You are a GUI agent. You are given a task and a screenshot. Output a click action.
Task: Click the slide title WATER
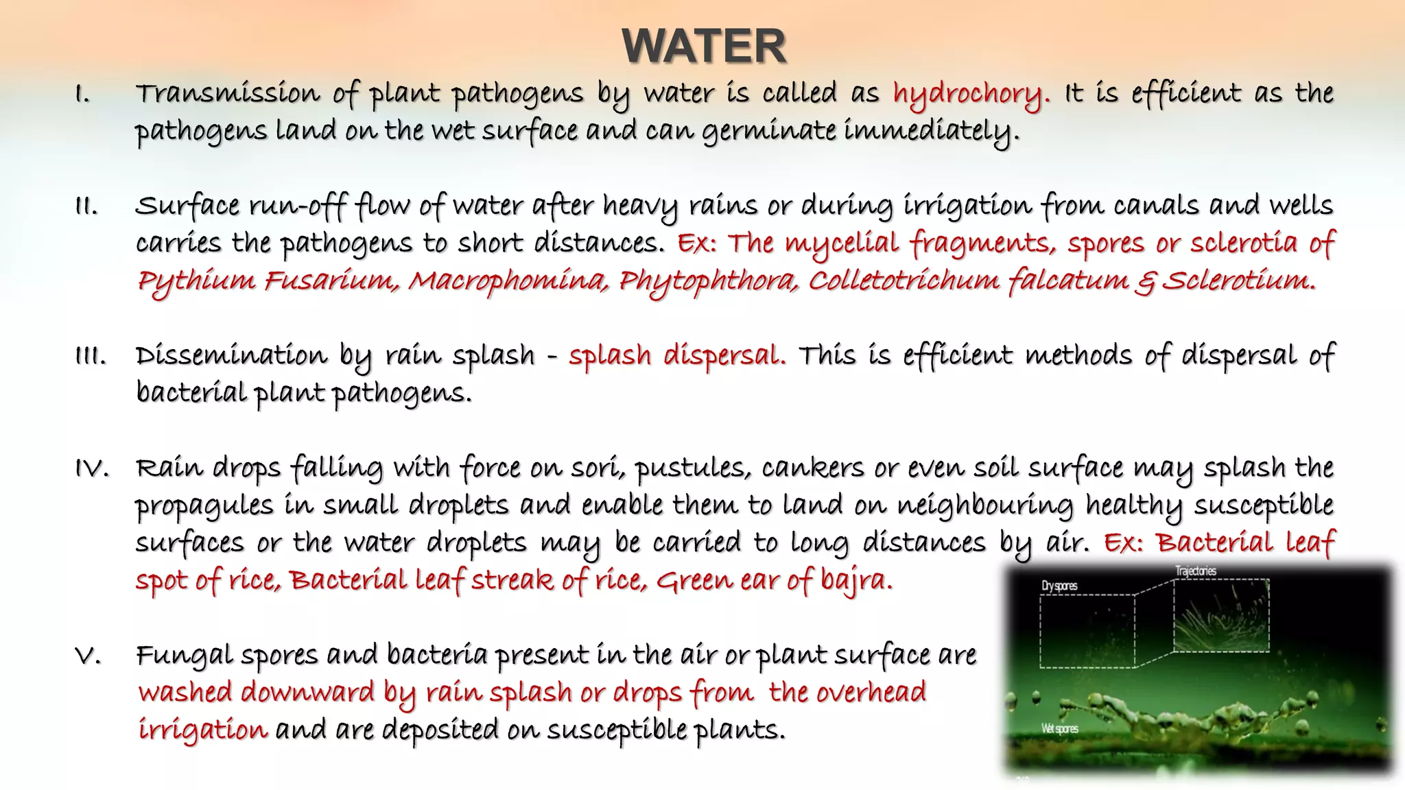(704, 47)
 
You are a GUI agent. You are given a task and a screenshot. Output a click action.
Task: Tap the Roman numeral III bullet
(90, 357)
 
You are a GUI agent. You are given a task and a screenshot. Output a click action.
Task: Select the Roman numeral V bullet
(88, 656)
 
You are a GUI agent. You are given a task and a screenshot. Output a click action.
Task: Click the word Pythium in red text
(196, 281)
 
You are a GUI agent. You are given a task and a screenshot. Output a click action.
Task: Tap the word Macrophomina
(508, 281)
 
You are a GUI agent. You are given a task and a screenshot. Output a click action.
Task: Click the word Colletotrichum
(904, 281)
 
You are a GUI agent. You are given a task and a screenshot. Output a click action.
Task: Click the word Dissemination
(231, 357)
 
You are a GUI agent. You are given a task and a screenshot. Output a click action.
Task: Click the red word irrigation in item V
(202, 730)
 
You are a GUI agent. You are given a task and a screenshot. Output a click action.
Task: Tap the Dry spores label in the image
(1059, 586)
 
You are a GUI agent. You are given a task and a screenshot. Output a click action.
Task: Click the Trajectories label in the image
(1195, 571)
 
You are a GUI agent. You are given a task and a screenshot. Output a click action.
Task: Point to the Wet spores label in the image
(1060, 728)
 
